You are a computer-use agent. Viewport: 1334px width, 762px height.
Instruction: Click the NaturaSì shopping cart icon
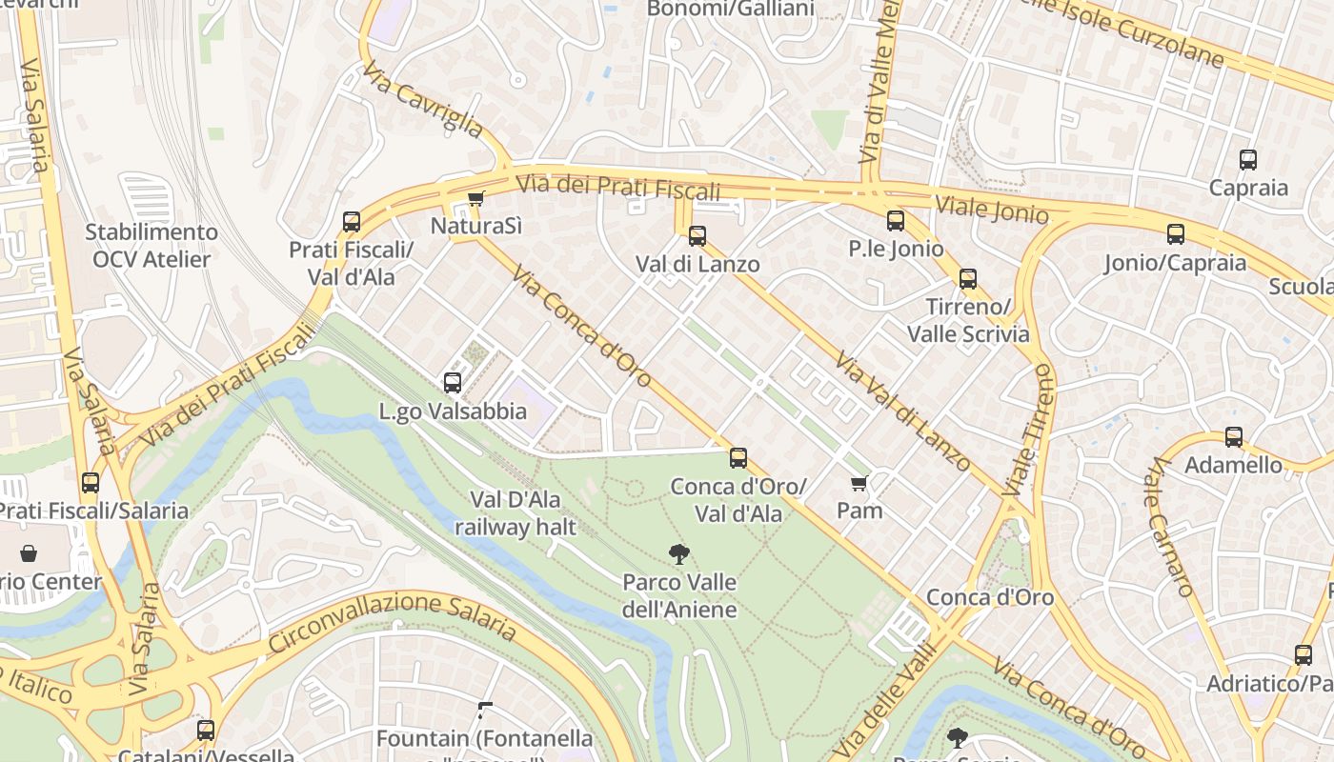(x=475, y=198)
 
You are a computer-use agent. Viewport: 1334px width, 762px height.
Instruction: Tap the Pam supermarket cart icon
(x=859, y=484)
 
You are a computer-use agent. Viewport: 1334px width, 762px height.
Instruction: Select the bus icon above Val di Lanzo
(x=697, y=235)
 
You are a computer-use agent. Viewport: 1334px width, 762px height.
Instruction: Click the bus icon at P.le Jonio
(x=896, y=221)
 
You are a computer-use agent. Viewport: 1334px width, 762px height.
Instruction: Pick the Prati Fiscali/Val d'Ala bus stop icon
(x=352, y=222)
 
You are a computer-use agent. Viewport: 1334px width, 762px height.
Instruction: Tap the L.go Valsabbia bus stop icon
(x=453, y=383)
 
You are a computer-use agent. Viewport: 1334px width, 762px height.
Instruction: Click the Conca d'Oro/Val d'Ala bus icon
(x=738, y=458)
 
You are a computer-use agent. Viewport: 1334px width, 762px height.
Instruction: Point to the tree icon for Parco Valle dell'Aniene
(x=678, y=553)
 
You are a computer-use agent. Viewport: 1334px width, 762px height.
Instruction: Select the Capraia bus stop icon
(x=1248, y=160)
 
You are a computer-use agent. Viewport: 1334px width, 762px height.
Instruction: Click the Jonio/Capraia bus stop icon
(x=1176, y=234)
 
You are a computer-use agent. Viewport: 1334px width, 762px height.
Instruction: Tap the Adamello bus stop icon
(x=1234, y=437)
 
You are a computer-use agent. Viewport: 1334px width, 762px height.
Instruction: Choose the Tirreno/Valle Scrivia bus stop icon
(x=968, y=279)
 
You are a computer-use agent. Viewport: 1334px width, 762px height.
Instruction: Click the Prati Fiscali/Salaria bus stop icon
(x=91, y=483)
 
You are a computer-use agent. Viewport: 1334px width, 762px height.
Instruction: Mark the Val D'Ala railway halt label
(x=515, y=513)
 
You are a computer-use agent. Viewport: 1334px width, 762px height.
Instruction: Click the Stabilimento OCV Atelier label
(x=152, y=245)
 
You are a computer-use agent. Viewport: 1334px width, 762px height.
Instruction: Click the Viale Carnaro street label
(x=1171, y=527)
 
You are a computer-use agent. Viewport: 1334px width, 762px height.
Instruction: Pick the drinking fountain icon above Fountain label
(x=485, y=710)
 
